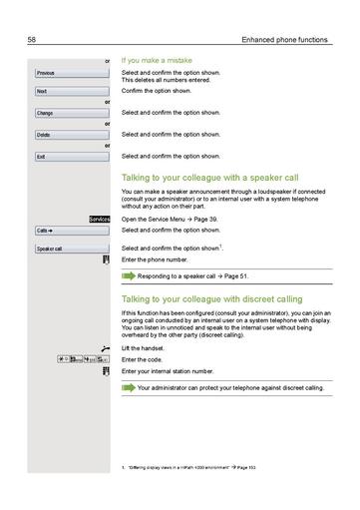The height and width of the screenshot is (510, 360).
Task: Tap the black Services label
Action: [x=99, y=218]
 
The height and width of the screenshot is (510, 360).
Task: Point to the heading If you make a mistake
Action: [x=157, y=61]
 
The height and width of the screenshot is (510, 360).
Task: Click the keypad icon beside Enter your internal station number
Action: [x=105, y=370]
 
